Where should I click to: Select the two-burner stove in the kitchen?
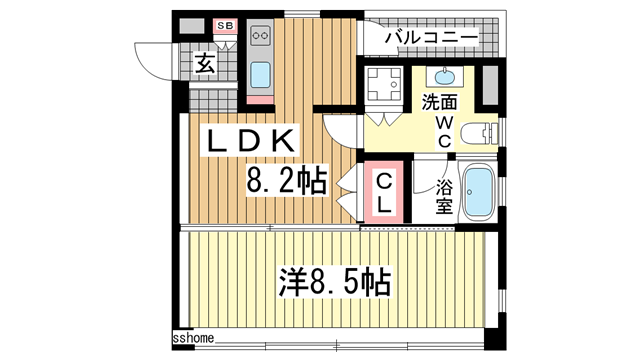[x=261, y=36]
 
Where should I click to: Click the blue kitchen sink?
[x=261, y=75]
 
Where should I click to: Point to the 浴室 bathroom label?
[x=444, y=196]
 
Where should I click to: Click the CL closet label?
[x=382, y=190]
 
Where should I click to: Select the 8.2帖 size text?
[x=287, y=183]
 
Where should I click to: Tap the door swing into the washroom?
[x=340, y=128]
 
